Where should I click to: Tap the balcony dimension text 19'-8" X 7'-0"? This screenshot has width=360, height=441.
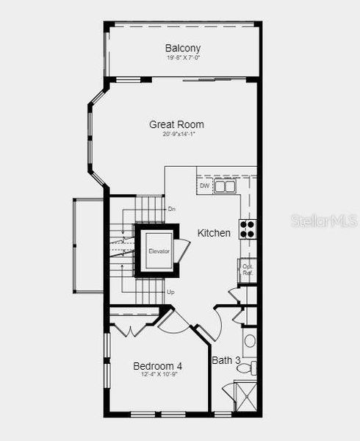pyautogui.click(x=183, y=57)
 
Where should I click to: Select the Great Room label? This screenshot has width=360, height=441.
pyautogui.click(x=176, y=124)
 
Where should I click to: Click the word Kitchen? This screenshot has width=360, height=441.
pyautogui.click(x=214, y=233)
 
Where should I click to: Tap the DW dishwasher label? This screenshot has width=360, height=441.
pyautogui.click(x=204, y=187)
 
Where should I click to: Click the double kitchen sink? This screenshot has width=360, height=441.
pyautogui.click(x=225, y=187)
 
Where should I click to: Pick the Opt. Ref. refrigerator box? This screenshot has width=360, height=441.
pyautogui.click(x=248, y=270)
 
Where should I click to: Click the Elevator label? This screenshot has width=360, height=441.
pyautogui.click(x=159, y=251)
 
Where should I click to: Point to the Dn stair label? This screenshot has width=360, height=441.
pyautogui.click(x=171, y=209)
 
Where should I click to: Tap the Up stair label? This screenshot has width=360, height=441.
pyautogui.click(x=171, y=292)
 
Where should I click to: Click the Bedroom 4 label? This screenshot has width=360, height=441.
pyautogui.click(x=157, y=365)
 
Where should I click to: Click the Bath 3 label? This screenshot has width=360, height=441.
pyautogui.click(x=226, y=360)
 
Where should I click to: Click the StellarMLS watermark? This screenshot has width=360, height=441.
pyautogui.click(x=323, y=220)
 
